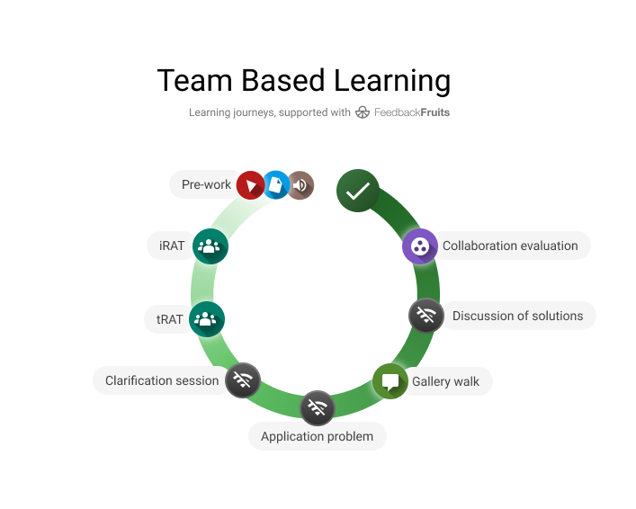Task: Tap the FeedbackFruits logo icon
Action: [x=363, y=112]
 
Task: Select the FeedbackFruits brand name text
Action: [x=411, y=112]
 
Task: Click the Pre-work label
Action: [x=206, y=184]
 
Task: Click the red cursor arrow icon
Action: [x=250, y=185]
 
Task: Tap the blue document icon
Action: [x=276, y=184]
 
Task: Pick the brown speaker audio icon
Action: [x=300, y=185]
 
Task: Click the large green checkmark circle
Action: [x=357, y=191]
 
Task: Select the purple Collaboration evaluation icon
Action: [x=419, y=246]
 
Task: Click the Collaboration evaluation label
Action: [x=510, y=246]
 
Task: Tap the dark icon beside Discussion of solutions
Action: [x=425, y=316]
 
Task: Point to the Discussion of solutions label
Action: [x=517, y=316]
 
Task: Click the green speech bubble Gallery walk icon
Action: [x=390, y=380]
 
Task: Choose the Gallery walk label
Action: [x=445, y=381]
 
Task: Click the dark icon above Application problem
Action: [x=317, y=408]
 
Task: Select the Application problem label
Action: [x=317, y=436]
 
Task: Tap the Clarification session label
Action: [x=162, y=380]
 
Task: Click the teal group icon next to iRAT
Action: [x=210, y=246]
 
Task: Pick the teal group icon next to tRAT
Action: [x=207, y=318]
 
